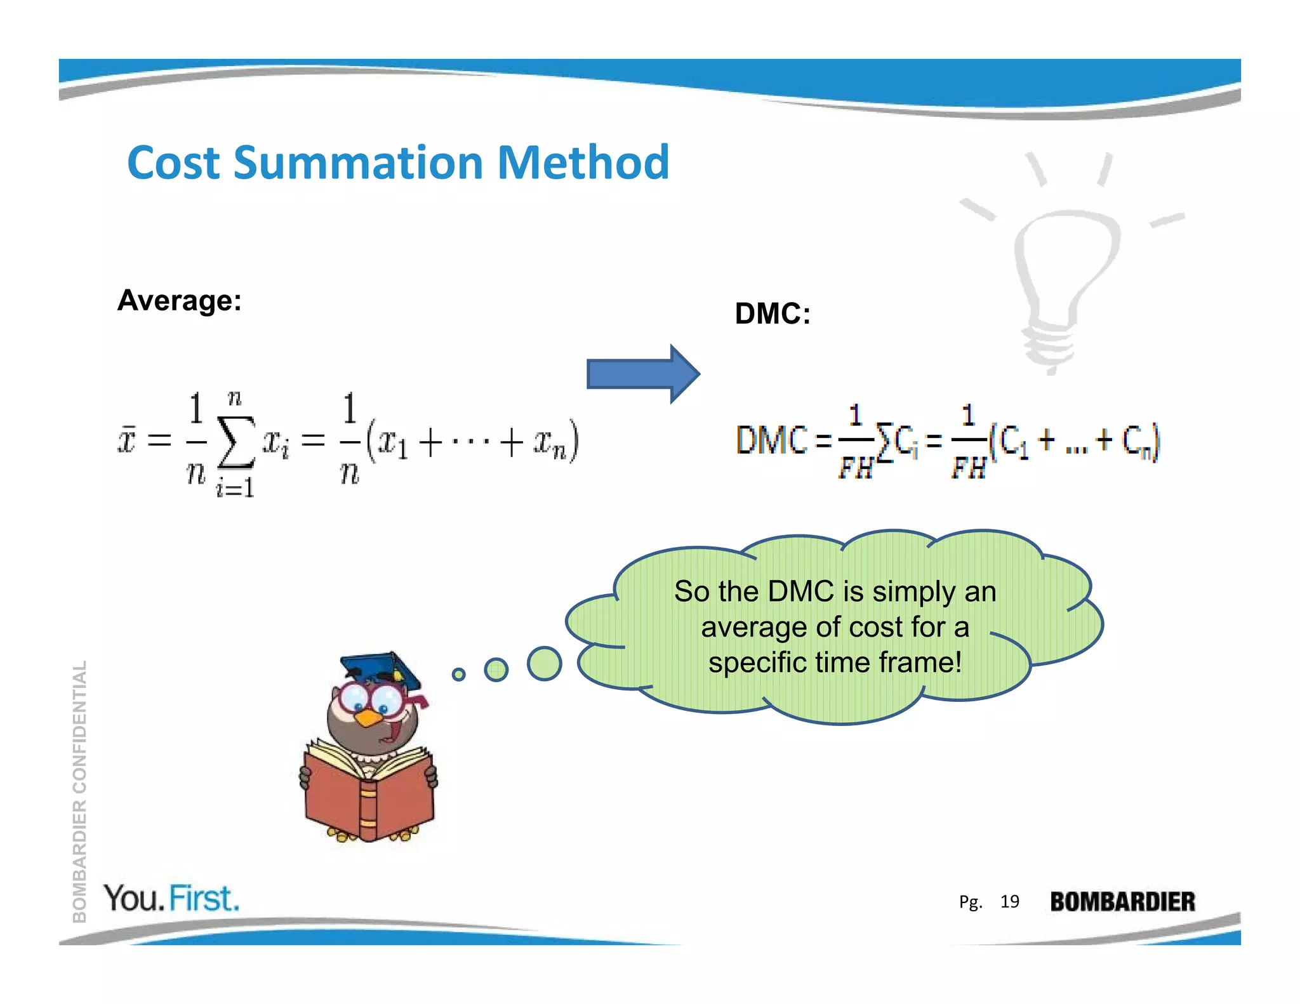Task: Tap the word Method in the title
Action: pyautogui.click(x=583, y=162)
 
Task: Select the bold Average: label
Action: pyautogui.click(x=180, y=300)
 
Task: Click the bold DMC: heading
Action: pyautogui.click(x=773, y=314)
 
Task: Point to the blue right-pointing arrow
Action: pyautogui.click(x=642, y=374)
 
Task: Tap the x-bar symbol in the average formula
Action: pyautogui.click(x=127, y=440)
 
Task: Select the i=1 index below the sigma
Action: pyautogui.click(x=235, y=487)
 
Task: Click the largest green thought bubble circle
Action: pyautogui.click(x=544, y=664)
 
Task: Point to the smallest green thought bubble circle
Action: pyautogui.click(x=458, y=674)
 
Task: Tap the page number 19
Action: pyautogui.click(x=1009, y=901)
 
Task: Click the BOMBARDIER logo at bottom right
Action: pyautogui.click(x=1122, y=902)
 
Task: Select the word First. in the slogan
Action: pyautogui.click(x=205, y=899)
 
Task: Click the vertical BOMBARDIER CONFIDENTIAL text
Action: pyautogui.click(x=79, y=791)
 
